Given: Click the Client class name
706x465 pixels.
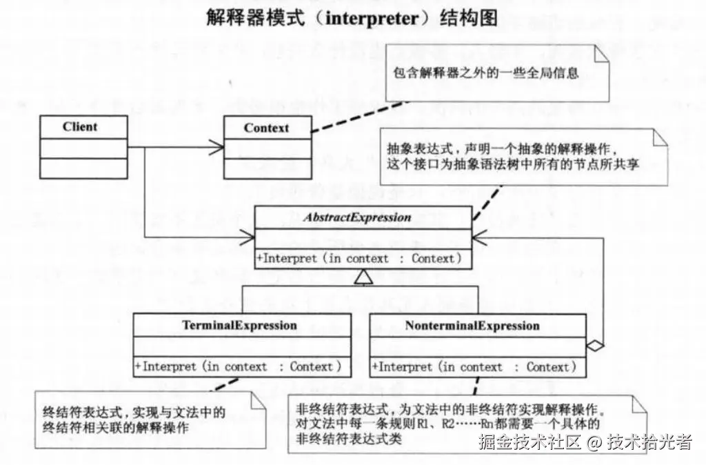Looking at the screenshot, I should (x=80, y=127).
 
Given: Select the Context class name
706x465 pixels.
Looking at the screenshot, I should (x=266, y=128).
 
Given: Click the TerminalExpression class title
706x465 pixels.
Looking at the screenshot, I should (x=240, y=325).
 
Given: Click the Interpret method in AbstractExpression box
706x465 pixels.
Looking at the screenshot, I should (x=359, y=259).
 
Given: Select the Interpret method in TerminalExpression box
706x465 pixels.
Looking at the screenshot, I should (x=238, y=367).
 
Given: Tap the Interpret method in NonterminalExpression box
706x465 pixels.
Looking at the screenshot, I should (x=476, y=367).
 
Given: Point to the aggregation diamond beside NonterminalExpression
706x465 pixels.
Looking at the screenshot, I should (x=595, y=343).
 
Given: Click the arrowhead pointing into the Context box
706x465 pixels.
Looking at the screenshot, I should (x=217, y=147).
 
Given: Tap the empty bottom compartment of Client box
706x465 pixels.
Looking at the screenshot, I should (x=83, y=168).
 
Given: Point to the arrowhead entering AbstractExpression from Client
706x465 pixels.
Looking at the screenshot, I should (x=248, y=238).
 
